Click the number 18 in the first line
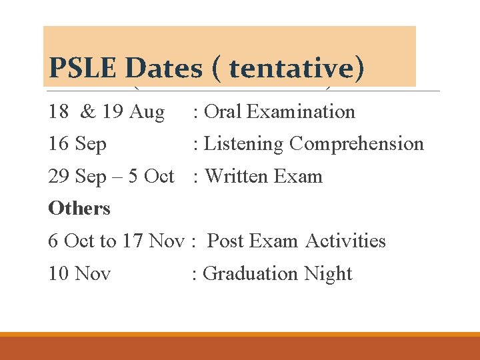point(59,111)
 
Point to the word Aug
point(147,111)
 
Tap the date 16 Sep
point(77,144)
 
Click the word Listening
point(244,144)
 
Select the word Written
point(234,177)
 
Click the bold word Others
point(79,208)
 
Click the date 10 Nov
point(79,273)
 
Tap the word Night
point(328,273)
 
